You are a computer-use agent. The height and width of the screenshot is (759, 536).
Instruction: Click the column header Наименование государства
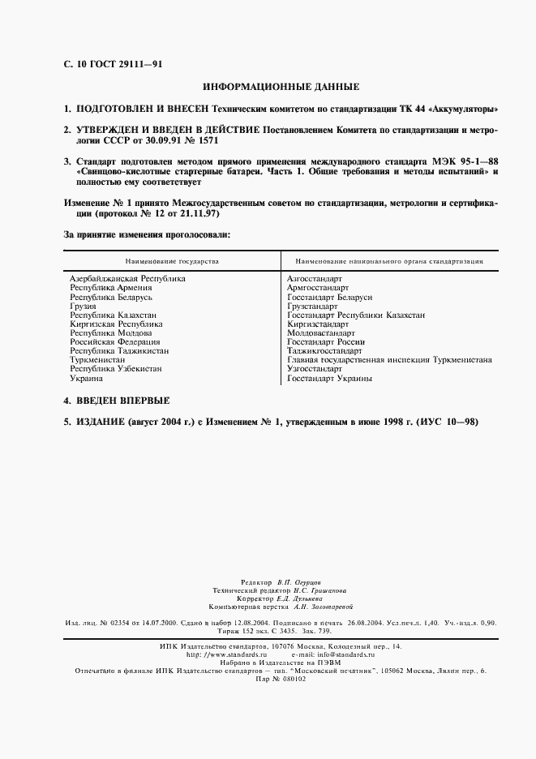172,262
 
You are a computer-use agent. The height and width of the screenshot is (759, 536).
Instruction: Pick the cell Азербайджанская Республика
127,279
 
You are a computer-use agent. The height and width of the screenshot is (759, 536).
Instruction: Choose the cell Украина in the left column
87,379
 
